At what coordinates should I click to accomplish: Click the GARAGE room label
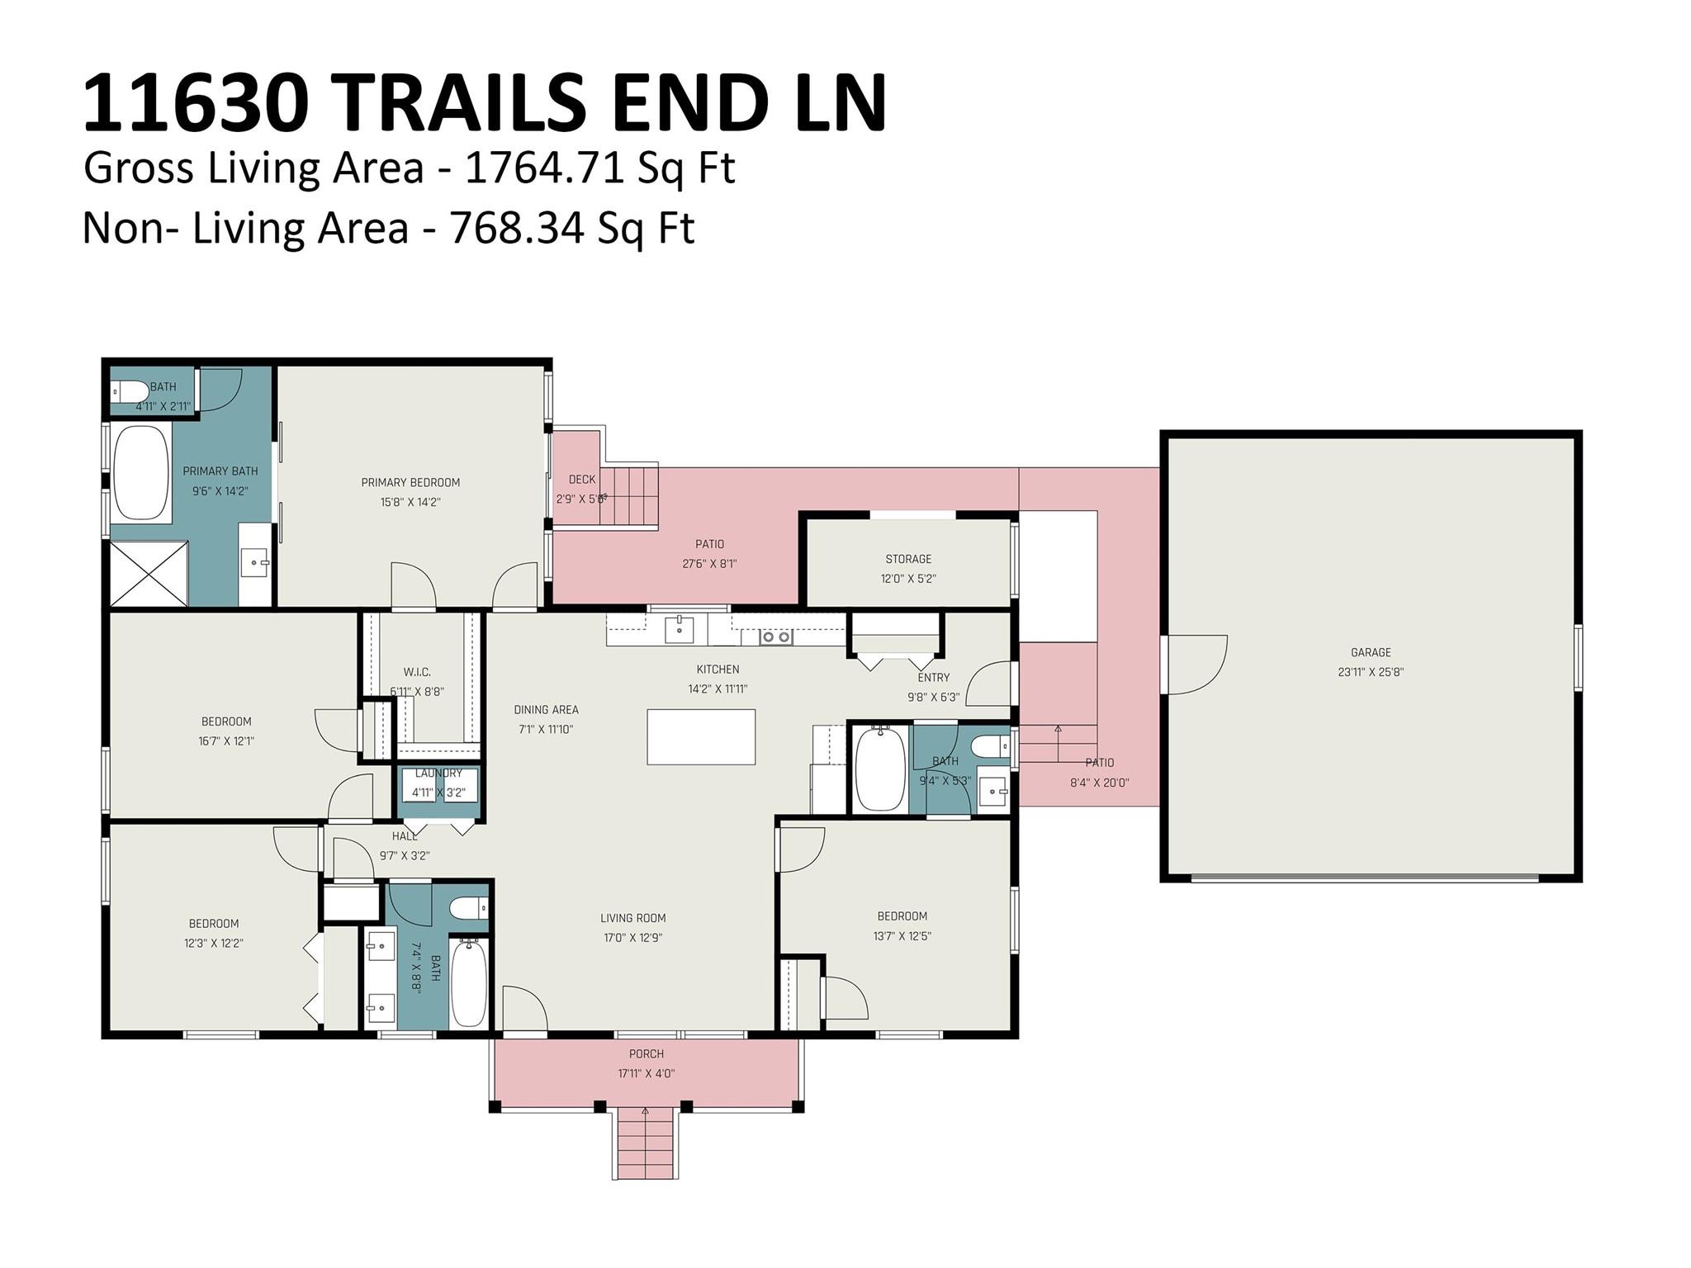[x=1371, y=652]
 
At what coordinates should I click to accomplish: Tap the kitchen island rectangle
[x=701, y=736]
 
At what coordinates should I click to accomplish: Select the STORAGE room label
[x=908, y=559]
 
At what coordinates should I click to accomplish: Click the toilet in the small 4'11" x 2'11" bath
[x=130, y=391]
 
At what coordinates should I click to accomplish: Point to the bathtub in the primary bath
[x=140, y=471]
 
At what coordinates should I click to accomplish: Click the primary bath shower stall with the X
[x=149, y=573]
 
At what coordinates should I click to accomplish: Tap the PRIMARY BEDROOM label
[x=410, y=482]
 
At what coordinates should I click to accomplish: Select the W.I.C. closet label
[x=417, y=672]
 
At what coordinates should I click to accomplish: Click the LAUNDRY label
[x=438, y=774]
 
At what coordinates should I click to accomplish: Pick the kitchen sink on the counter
[x=680, y=629]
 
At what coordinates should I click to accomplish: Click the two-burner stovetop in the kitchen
[x=775, y=636]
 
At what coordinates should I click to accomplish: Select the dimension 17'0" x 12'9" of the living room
[x=633, y=938]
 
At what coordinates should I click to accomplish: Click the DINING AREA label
[x=546, y=709]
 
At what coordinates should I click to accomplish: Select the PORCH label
[x=647, y=1053]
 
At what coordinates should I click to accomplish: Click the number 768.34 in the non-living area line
[x=519, y=229]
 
